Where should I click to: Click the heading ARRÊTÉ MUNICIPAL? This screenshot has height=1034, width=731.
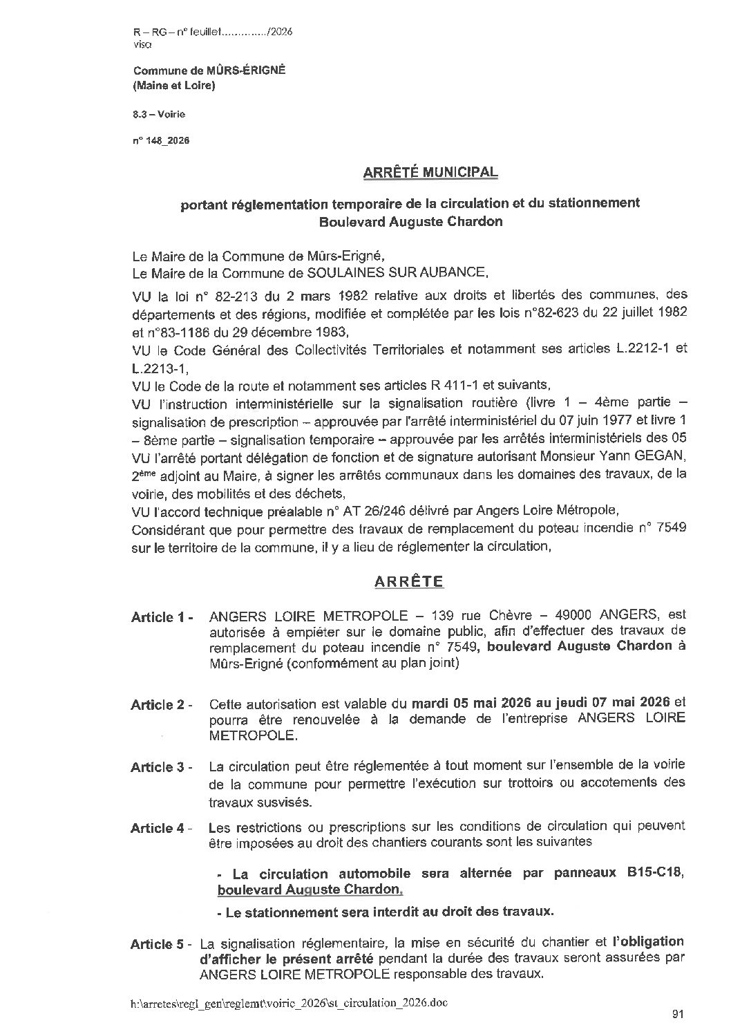[430, 172]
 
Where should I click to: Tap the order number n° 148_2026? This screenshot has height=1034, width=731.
[161, 140]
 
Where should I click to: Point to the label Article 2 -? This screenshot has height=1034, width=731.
[162, 706]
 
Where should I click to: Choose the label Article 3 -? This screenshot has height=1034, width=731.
[162, 767]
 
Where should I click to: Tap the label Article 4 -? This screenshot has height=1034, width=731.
[162, 828]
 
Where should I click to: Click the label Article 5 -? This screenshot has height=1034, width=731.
[162, 944]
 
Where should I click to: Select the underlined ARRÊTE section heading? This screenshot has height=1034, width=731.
[408, 582]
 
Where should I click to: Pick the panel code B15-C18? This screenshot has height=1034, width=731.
[656, 873]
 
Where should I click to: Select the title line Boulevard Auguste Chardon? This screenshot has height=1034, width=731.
[410, 223]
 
